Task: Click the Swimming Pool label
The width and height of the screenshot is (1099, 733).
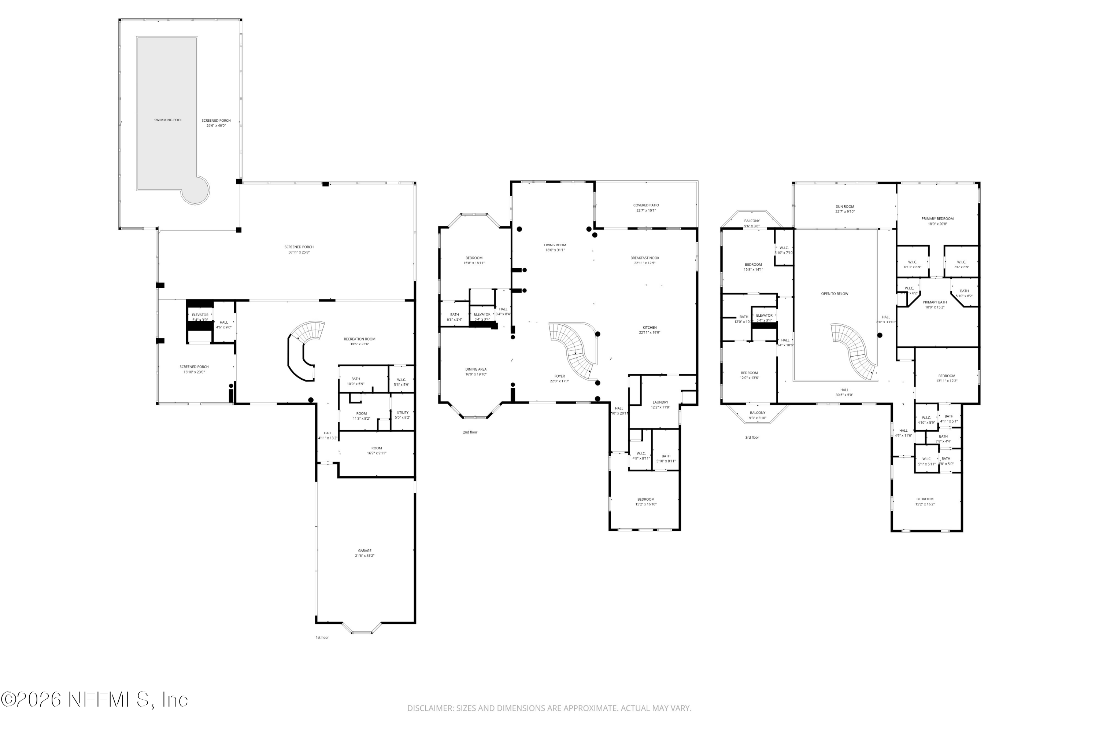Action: pos(168,120)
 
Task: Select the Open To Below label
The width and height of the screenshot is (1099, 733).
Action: pos(835,294)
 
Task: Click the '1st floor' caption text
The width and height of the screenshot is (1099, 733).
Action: pos(322,638)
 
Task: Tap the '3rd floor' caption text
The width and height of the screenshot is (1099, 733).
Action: pos(752,438)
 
